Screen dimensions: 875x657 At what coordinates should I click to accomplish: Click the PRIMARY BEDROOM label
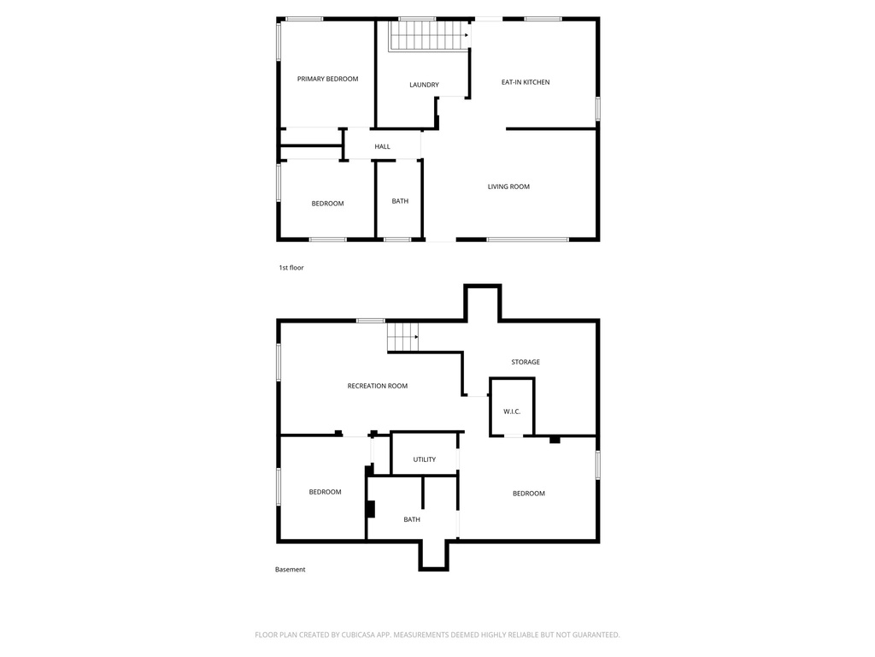tap(327, 79)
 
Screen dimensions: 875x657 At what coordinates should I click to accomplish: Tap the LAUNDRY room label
tap(424, 85)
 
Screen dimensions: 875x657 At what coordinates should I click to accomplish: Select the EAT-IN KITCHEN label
tap(526, 82)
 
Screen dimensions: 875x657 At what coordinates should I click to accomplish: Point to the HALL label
tap(382, 146)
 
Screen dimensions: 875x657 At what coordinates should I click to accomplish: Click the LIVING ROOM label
tap(508, 186)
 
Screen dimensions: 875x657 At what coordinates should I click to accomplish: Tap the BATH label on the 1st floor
tap(400, 201)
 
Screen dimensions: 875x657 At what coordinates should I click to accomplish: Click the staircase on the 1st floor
tap(429, 35)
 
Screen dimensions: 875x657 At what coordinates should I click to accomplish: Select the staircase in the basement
tap(403, 337)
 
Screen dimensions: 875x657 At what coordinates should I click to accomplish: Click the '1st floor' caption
tap(291, 268)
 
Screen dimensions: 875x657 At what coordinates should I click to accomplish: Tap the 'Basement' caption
tap(291, 569)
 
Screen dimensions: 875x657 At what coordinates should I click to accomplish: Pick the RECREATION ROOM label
tap(377, 386)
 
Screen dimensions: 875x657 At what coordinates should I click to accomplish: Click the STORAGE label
tap(526, 362)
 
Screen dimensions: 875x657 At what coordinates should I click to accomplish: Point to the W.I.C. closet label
tap(512, 411)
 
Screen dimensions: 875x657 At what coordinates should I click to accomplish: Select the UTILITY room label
tap(424, 459)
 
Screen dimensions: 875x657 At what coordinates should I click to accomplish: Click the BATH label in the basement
tap(412, 519)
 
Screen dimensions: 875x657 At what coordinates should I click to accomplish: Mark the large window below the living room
tap(527, 240)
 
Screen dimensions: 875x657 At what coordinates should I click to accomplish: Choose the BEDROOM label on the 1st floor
tap(327, 204)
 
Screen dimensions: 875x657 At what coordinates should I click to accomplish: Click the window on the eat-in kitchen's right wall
tap(597, 109)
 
